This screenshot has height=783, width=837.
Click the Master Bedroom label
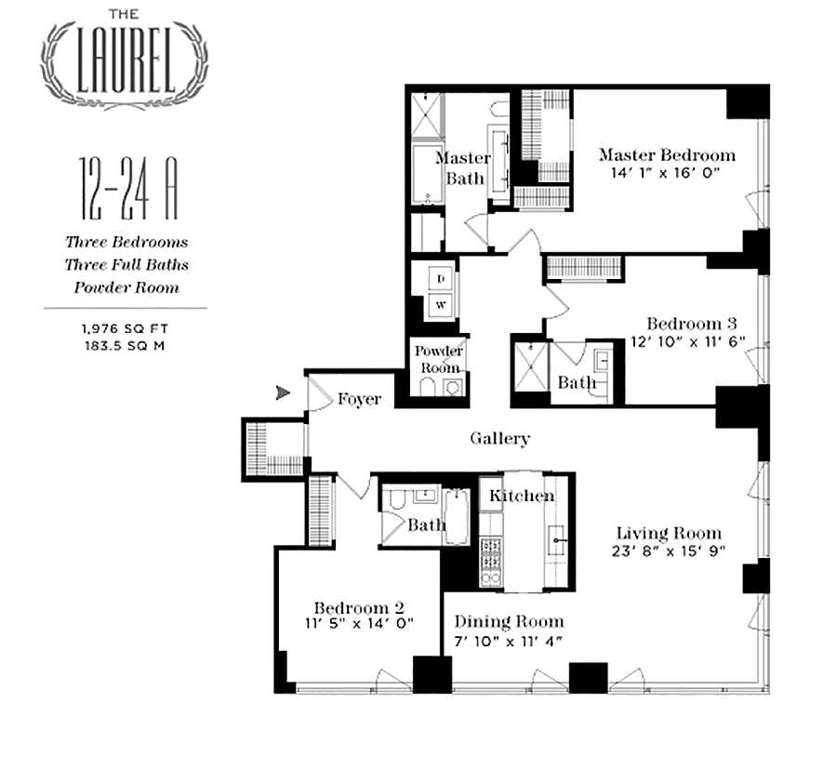click(x=666, y=155)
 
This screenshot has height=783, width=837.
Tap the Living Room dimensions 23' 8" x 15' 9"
click(x=669, y=551)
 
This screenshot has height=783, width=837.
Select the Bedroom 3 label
click(x=692, y=324)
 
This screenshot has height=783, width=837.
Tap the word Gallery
click(x=499, y=439)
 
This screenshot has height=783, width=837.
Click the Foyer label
click(x=359, y=399)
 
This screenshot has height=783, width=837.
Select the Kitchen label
click(x=522, y=496)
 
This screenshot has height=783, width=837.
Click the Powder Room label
click(x=438, y=359)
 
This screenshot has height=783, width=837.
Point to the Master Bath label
click(x=463, y=168)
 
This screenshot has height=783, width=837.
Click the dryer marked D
click(x=443, y=278)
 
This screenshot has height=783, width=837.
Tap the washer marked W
click(x=443, y=304)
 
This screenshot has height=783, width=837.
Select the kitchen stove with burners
click(x=490, y=562)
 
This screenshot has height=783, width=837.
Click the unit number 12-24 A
click(x=127, y=190)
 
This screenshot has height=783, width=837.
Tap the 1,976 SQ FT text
click(x=126, y=327)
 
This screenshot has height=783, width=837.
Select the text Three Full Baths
click(x=126, y=265)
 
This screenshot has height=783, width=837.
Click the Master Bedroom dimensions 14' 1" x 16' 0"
click(x=666, y=174)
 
